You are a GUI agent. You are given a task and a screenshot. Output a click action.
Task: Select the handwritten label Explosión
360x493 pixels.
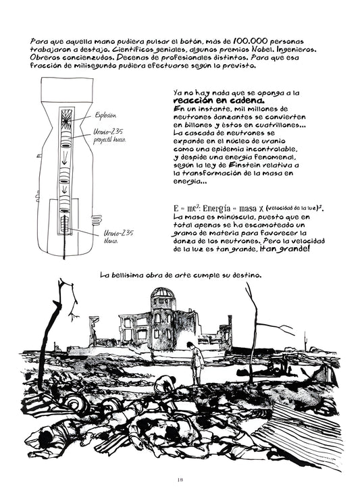105,115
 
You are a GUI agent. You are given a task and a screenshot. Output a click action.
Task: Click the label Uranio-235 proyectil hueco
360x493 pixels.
109,136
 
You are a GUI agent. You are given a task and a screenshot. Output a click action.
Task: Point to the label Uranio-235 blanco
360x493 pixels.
118,237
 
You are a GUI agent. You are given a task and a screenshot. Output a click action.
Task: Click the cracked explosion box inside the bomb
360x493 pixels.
66,119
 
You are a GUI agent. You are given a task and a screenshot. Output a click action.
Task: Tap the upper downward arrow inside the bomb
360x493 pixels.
64,159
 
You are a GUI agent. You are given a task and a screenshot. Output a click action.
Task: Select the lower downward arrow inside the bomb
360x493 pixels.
64,189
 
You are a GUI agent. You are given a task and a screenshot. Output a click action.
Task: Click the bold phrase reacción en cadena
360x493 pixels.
219,101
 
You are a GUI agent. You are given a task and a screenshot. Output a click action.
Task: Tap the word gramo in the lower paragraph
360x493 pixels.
185,234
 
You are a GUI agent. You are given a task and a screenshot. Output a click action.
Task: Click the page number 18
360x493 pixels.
180,479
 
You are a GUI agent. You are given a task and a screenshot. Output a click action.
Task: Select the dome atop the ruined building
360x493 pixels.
162,292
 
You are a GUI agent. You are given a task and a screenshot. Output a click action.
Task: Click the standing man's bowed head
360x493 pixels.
190,346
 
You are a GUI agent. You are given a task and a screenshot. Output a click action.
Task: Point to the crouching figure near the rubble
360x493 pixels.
165,382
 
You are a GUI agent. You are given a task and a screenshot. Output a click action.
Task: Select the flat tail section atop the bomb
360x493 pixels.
67,90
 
